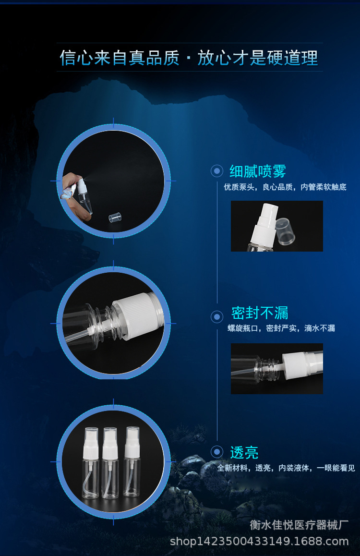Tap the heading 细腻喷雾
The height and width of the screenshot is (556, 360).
258,170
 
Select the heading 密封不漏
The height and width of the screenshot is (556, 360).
260,313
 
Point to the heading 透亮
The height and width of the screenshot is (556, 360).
244,452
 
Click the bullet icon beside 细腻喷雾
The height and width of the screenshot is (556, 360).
217,170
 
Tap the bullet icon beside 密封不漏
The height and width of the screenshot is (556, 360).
217,316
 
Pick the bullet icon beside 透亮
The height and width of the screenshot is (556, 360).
217,452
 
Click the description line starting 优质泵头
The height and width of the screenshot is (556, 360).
285,187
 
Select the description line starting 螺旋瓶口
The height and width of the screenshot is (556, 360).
281,328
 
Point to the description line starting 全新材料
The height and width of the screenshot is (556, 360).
286,468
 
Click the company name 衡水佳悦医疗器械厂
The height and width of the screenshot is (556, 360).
299,525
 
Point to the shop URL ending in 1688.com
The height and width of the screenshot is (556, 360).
259,542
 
